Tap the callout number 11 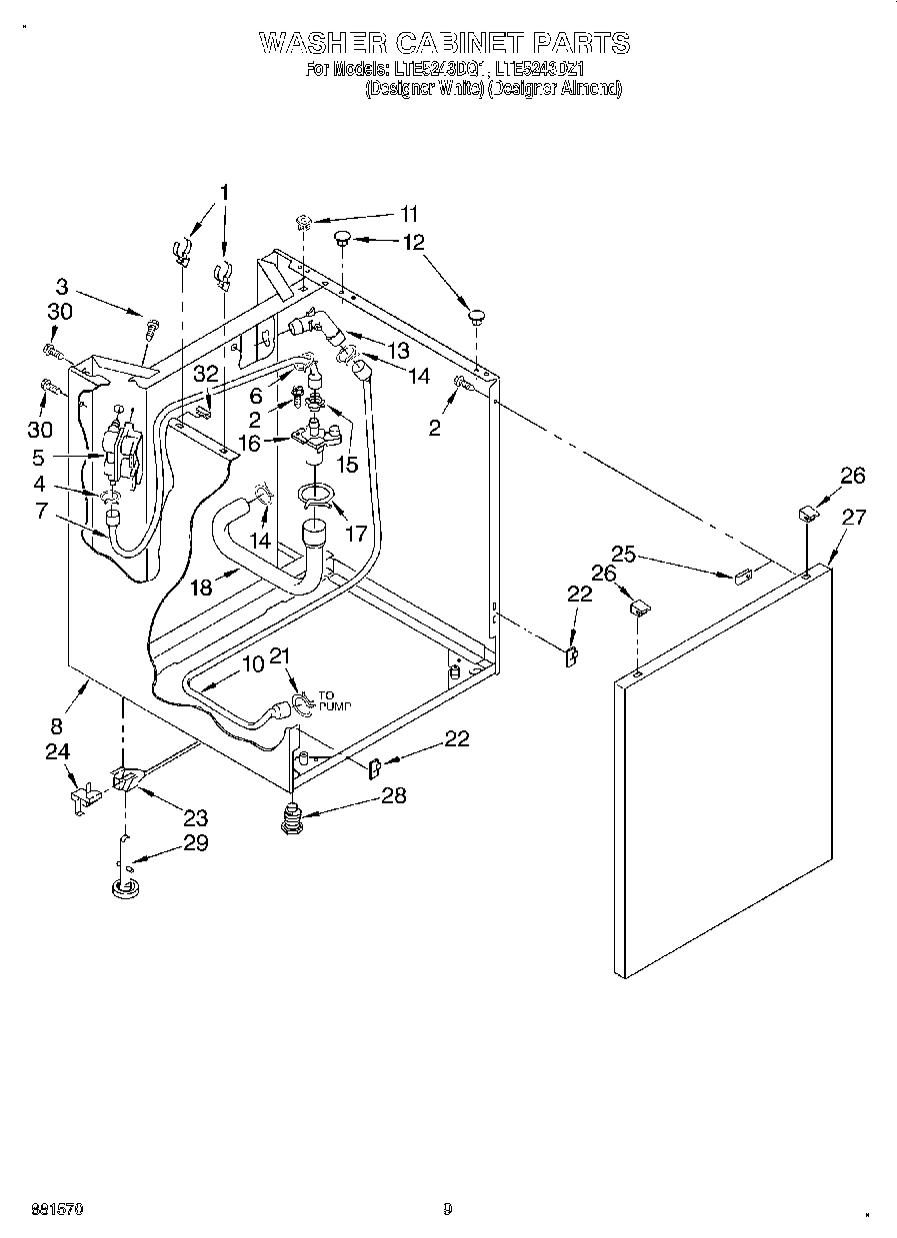(x=409, y=214)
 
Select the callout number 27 (x=854, y=518)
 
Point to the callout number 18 (x=201, y=588)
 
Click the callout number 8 (x=57, y=726)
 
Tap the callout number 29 (x=195, y=842)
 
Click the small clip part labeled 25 (x=741, y=577)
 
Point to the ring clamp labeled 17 (x=316, y=496)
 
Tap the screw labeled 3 (x=153, y=326)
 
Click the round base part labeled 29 (x=125, y=887)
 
